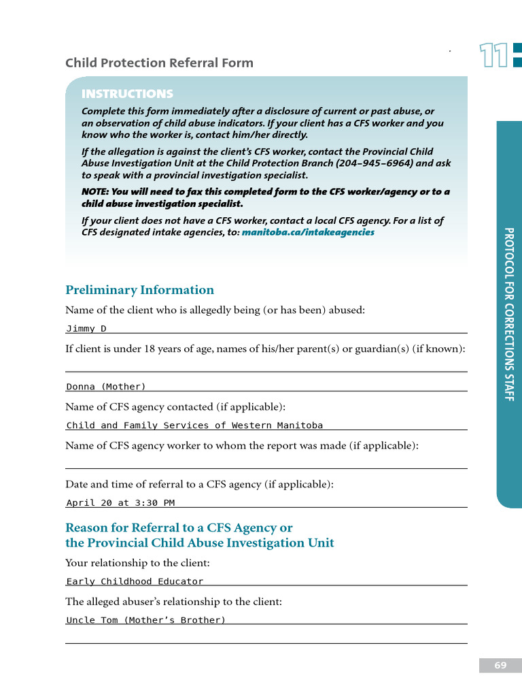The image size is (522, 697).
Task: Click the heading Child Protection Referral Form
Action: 159,63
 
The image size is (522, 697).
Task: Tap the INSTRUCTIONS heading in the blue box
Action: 127,94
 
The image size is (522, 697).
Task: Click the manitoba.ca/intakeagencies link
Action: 308,232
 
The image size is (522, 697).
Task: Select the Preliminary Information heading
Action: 139,290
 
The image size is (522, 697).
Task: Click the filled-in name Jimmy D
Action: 86,329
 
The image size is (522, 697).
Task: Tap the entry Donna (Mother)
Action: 106,387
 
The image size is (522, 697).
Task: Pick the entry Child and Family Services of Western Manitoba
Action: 194,425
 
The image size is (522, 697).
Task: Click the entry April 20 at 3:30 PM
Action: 120,503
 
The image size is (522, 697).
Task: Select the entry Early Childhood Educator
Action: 135,581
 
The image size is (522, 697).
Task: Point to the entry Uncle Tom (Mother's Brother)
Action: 145,620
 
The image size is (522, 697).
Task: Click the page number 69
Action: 500,666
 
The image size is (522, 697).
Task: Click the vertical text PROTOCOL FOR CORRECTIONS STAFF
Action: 509,314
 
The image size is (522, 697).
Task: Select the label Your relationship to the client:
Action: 137,563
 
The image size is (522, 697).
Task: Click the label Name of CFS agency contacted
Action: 175,407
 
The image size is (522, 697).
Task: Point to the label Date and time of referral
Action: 199,485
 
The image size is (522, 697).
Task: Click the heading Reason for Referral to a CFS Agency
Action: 179,528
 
